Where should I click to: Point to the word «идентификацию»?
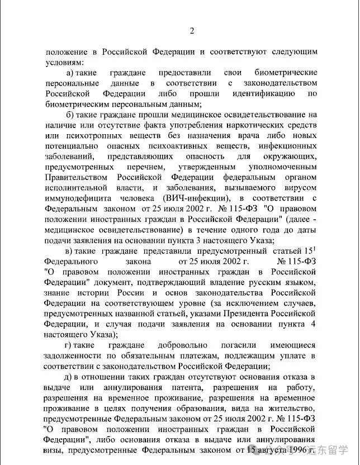pos(267,93)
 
